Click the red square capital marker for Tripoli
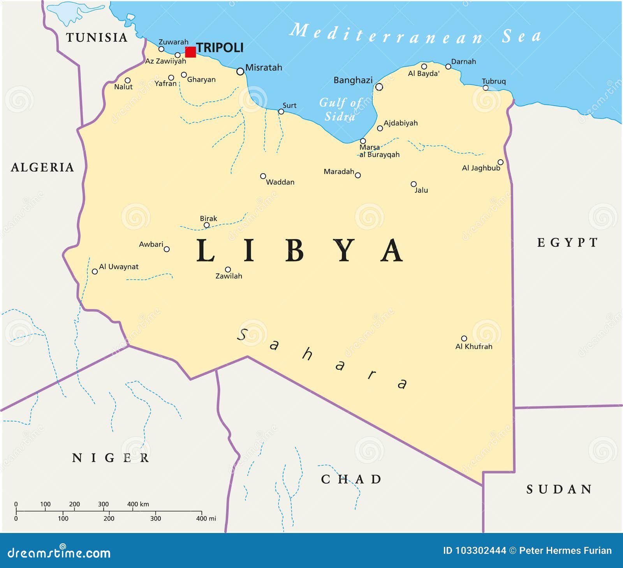pyautogui.click(x=190, y=52)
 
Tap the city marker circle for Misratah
pyautogui.click(x=240, y=72)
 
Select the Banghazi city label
pyautogui.click(x=353, y=80)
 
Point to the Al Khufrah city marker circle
pyautogui.click(x=464, y=338)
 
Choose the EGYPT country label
pyautogui.click(x=567, y=243)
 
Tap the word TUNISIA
pyautogui.click(x=97, y=37)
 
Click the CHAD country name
pyautogui.click(x=351, y=479)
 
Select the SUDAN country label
pyautogui.click(x=559, y=489)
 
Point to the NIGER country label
pyautogui.click(x=111, y=458)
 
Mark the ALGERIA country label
pyautogui.click(x=42, y=167)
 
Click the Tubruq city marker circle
pyautogui.click(x=486, y=88)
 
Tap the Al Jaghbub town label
pyautogui.click(x=480, y=168)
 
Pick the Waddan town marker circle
pyautogui.click(x=263, y=176)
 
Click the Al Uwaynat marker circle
pyautogui.click(x=95, y=271)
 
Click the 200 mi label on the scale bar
pyautogui.click(x=109, y=519)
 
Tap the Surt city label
pyautogui.click(x=289, y=106)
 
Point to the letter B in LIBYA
pyautogui.click(x=294, y=251)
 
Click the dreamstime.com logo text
pyautogui.click(x=59, y=553)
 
